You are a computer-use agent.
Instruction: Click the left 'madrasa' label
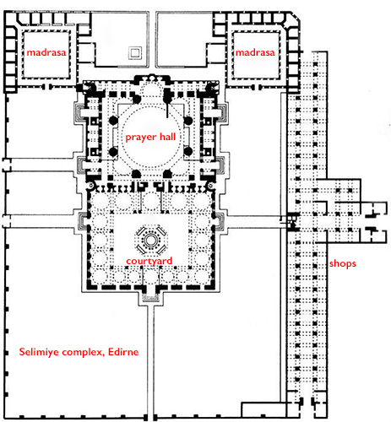click(x=46, y=52)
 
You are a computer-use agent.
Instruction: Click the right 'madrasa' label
click(x=255, y=52)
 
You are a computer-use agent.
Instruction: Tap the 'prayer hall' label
click(x=150, y=138)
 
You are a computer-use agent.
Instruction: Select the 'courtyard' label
click(x=149, y=261)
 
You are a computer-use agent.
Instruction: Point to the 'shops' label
click(x=343, y=263)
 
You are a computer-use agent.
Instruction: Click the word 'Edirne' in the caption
click(x=123, y=352)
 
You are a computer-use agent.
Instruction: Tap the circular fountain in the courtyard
click(x=151, y=241)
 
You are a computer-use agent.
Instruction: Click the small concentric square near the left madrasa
click(x=135, y=52)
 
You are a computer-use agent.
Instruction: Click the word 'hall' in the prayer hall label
click(x=168, y=137)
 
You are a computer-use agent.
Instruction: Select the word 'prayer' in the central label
click(x=141, y=138)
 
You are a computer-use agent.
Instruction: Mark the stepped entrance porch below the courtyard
click(x=150, y=298)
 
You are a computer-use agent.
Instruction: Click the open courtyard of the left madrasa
click(x=46, y=54)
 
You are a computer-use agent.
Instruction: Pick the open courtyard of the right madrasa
click(x=256, y=55)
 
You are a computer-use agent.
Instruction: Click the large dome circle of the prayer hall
click(x=150, y=138)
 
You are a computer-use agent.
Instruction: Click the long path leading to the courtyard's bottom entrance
click(x=150, y=363)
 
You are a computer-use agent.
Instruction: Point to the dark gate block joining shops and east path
click(x=290, y=222)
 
